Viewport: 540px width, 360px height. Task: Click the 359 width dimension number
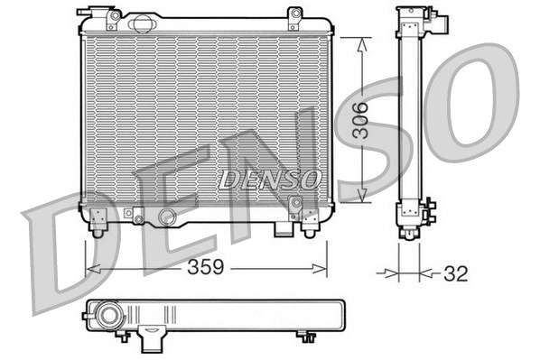206,269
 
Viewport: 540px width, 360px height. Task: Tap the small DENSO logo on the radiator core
269,179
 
